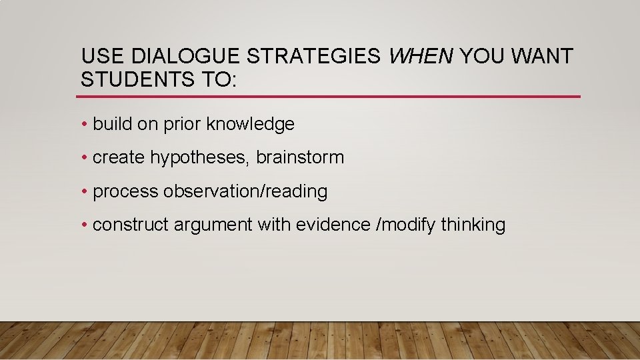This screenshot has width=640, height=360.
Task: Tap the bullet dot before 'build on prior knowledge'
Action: coord(85,125)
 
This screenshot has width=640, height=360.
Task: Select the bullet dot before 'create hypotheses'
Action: coord(85,158)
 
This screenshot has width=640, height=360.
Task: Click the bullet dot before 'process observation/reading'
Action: coord(85,192)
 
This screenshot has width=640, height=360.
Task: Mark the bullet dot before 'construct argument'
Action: coord(85,225)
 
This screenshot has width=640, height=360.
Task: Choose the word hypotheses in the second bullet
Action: coord(199,158)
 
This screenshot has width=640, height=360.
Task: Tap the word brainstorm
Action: coord(300,157)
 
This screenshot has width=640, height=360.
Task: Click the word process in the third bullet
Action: coord(126,192)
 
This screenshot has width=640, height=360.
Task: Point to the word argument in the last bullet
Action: coord(213,225)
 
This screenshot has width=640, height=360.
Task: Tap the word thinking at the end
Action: coord(473,225)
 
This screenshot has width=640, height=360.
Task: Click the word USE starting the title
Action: coord(99,57)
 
